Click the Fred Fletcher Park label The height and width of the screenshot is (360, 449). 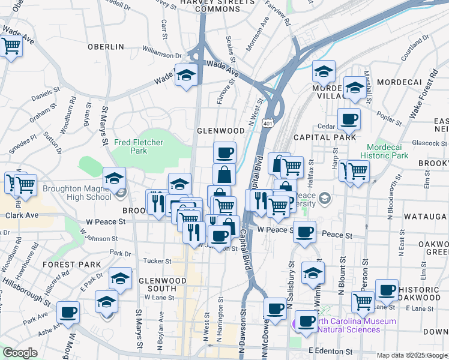(139, 146)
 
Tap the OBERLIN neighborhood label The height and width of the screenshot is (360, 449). (105, 47)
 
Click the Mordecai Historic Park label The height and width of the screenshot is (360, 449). (384, 151)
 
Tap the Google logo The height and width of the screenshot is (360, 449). (20, 353)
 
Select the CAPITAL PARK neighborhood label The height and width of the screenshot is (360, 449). (325, 137)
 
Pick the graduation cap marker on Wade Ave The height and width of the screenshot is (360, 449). (186, 76)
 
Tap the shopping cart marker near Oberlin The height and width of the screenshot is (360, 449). (11, 46)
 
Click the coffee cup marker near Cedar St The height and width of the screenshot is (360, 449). (348, 119)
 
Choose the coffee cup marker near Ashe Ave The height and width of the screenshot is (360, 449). (68, 312)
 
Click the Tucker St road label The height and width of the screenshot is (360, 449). (157, 261)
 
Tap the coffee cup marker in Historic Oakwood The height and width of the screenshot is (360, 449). (387, 290)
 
